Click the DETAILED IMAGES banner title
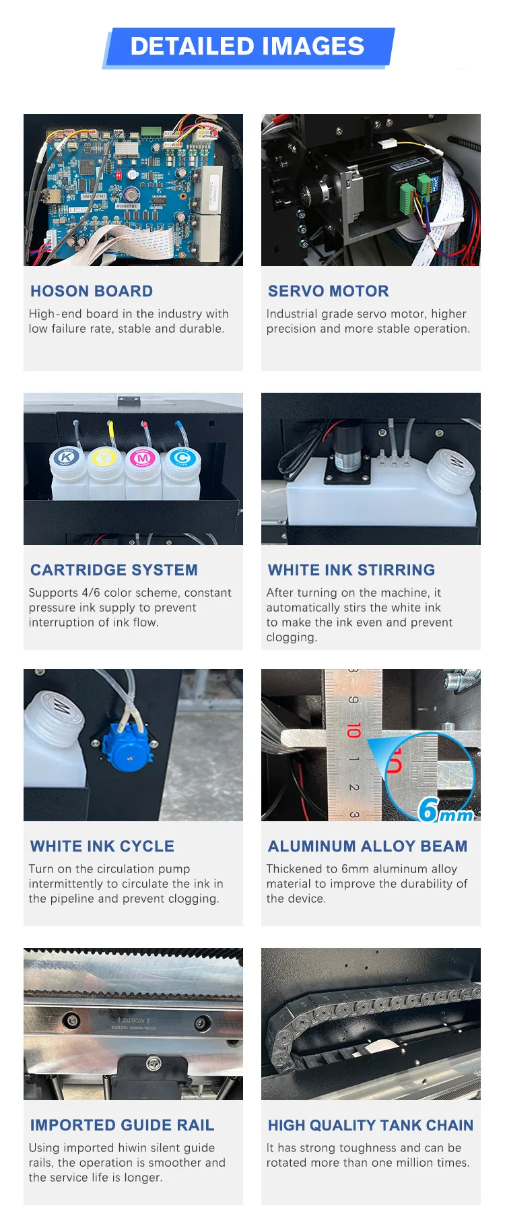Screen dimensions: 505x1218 pos(247,46)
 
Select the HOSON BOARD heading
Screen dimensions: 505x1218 pos(92,291)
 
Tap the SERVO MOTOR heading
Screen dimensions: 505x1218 pos(329,291)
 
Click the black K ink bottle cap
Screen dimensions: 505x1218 pos(66,458)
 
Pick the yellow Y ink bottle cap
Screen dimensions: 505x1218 pos(104,459)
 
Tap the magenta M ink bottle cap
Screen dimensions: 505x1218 pos(142,459)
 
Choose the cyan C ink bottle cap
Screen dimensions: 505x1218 pos(180,458)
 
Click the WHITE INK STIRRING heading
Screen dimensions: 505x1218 pos(351,570)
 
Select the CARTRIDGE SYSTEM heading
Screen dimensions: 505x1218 pos(114,570)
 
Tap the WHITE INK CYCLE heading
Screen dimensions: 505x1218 pos(102,846)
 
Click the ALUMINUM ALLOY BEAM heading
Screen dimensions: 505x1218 pos(368,846)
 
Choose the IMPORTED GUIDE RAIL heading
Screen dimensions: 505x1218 pos(123,1125)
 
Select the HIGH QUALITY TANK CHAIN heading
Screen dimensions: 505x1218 pos(371,1125)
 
